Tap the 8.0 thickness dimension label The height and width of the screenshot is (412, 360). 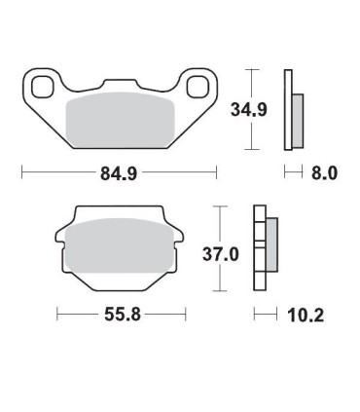324,175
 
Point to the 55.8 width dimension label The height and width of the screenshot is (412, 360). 120,317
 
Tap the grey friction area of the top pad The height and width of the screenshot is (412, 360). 119,119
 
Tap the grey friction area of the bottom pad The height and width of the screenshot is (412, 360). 120,247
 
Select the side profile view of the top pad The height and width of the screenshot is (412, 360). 292,110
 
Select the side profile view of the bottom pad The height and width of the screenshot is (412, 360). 263,248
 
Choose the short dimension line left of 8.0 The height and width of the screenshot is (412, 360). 290,173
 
